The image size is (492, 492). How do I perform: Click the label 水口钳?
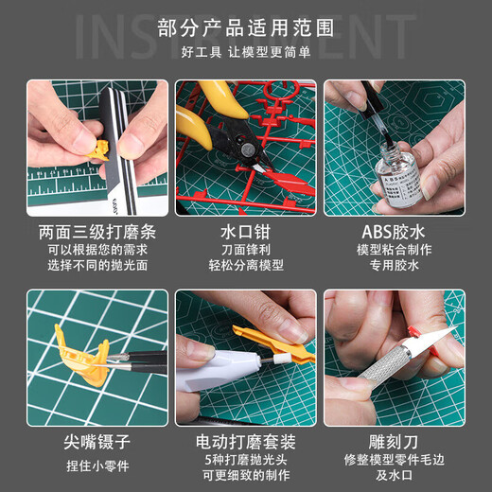click(x=245, y=231)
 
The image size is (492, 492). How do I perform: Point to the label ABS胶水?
click(x=394, y=231)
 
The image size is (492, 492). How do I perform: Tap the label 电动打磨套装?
click(x=245, y=441)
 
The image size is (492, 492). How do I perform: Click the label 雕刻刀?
click(x=394, y=441)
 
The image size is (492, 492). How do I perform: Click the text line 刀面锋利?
click(x=245, y=251)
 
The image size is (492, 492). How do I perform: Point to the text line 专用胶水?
click(x=394, y=267)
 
